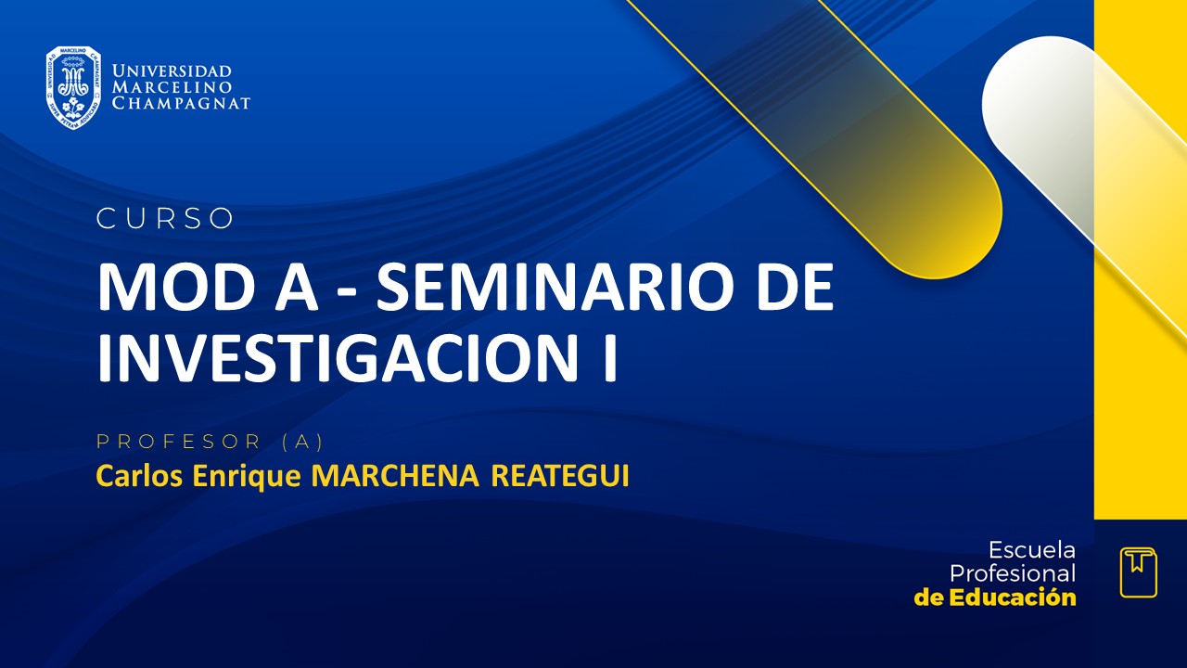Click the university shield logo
click(x=73, y=87)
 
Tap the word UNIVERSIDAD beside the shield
click(x=172, y=71)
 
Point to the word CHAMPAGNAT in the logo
click(x=181, y=103)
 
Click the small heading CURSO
click(x=165, y=219)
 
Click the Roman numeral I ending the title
click(x=609, y=359)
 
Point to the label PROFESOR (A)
click(x=210, y=441)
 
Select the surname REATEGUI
click(x=559, y=476)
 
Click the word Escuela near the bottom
click(x=1031, y=549)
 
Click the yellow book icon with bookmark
click(x=1138, y=572)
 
